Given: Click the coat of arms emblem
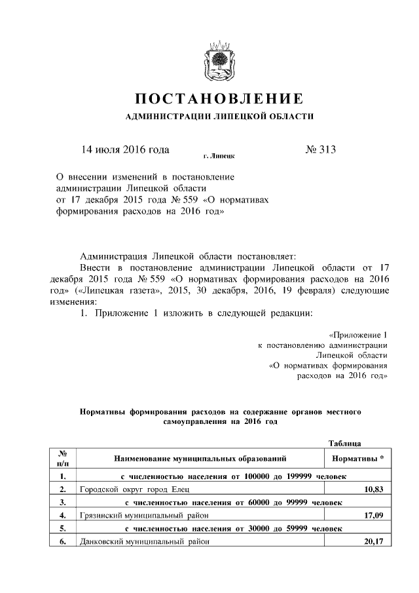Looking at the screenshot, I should coord(218,62).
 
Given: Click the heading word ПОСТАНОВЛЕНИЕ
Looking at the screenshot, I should coord(219,100).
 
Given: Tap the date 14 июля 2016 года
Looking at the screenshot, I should coord(125,149).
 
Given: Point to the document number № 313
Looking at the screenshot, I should coord(320,149).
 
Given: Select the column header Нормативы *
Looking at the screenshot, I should coord(359,459).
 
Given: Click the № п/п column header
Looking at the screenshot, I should coord(64,459).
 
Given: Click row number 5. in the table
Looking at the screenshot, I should coord(63,529).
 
